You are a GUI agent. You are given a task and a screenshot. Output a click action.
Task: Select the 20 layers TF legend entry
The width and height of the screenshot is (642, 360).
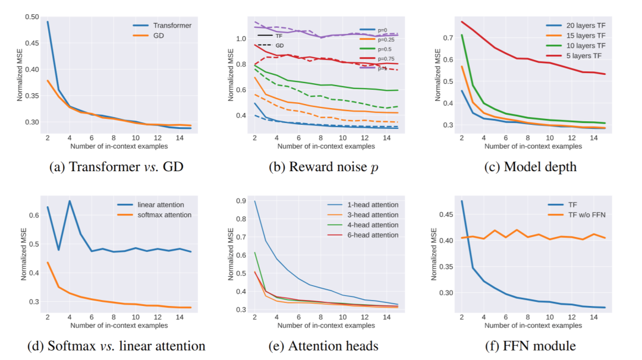tap(576, 26)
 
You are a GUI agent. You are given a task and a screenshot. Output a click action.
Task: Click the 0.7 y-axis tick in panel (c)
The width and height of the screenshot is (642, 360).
tap(449, 37)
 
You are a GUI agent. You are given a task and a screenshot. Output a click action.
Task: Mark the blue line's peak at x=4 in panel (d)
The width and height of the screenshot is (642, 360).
tap(70, 201)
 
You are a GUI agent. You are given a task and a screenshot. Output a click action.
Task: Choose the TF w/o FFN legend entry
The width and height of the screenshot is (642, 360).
tap(586, 214)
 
